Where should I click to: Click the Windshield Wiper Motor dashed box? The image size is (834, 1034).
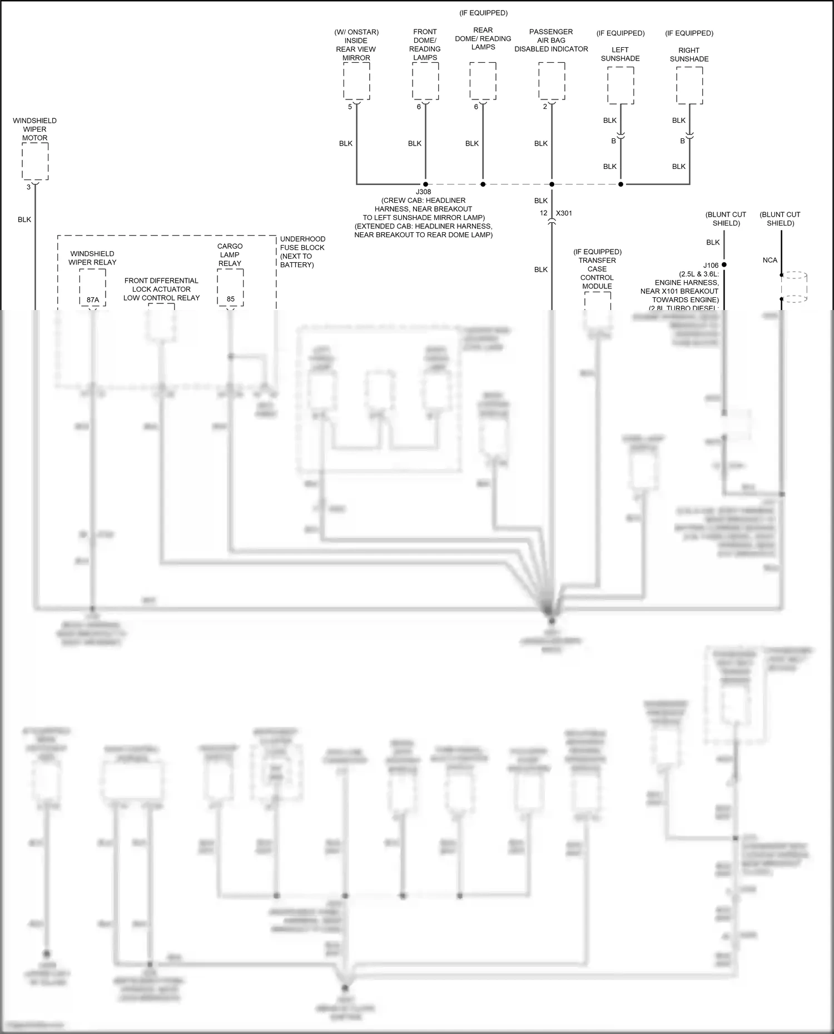tap(35, 161)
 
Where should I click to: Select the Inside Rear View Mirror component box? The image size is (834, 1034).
tap(356, 81)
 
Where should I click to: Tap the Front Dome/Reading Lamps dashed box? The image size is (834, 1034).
tap(425, 81)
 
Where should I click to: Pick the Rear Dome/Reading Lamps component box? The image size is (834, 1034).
tap(483, 81)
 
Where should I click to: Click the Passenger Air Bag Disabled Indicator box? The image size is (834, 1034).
tap(552, 81)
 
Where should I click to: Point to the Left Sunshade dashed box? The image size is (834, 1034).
tap(620, 86)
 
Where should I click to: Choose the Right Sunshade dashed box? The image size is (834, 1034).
tap(689, 86)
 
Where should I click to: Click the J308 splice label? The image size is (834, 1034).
tap(424, 192)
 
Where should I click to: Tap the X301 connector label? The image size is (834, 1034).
tap(564, 213)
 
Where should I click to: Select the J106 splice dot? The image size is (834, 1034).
tap(724, 265)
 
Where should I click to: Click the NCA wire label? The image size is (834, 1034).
tap(770, 260)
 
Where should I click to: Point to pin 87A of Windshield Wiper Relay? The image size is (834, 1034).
tap(93, 299)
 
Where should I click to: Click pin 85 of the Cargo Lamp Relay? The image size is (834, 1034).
tap(230, 299)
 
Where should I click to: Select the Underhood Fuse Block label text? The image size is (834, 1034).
tap(302, 252)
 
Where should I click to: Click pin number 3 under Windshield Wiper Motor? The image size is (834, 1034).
tap(28, 187)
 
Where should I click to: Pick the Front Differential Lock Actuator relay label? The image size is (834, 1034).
tap(161, 289)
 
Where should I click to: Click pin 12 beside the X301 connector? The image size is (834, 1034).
tap(543, 213)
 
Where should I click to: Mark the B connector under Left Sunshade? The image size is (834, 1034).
tap(614, 141)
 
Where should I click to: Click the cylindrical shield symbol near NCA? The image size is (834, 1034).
tap(794, 287)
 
